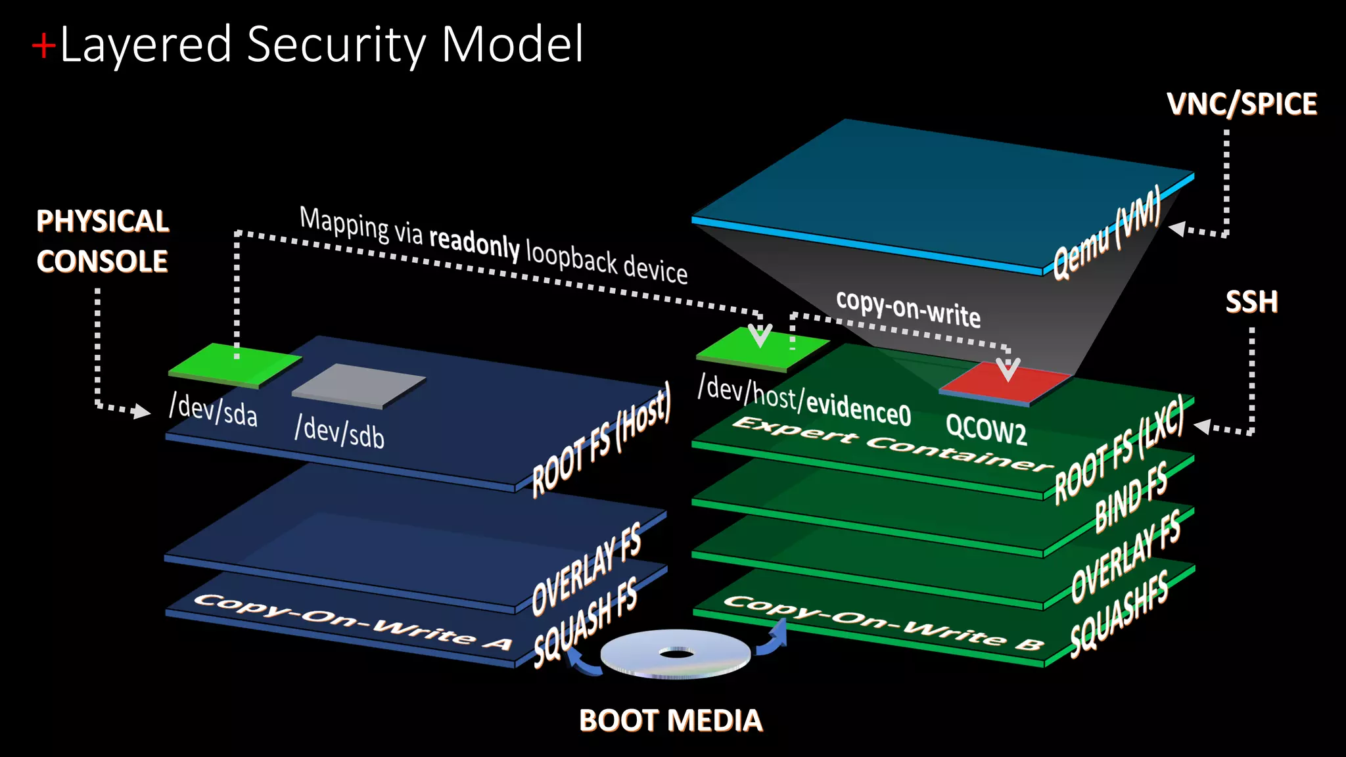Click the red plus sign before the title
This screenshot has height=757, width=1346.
tap(44, 46)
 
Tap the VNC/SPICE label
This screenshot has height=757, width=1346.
tap(1242, 104)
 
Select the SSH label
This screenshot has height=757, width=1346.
tap(1251, 302)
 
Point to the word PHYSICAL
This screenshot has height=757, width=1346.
tap(103, 221)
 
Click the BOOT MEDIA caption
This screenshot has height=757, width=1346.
tap(670, 720)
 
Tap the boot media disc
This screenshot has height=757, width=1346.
tap(676, 653)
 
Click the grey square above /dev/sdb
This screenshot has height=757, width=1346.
tap(359, 384)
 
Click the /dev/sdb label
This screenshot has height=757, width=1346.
tap(339, 432)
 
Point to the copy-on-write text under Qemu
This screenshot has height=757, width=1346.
tap(908, 308)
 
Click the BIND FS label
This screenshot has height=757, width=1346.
tap(1131, 495)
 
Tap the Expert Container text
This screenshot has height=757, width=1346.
tap(891, 444)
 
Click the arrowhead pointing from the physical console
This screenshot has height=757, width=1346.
tap(141, 411)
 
